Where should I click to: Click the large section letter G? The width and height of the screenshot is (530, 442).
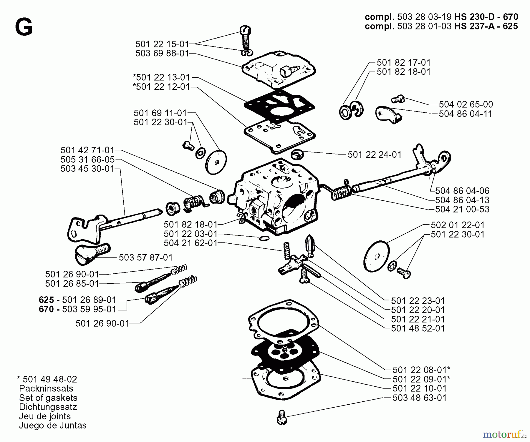coord(24,27)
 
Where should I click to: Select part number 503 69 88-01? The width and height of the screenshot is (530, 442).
coord(162,54)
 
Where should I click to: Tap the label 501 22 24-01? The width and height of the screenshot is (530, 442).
coord(374,155)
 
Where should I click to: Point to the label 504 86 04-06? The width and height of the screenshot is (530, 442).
coord(462,191)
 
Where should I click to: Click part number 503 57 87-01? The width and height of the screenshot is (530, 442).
coord(145,257)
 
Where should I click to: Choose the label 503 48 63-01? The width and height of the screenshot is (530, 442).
coord(419,398)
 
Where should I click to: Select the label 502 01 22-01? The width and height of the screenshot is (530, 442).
coord(457,225)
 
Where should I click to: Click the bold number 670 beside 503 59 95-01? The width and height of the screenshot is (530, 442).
coord(46,309)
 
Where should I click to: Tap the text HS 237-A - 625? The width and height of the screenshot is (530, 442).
coord(486,26)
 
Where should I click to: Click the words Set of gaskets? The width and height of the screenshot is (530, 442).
coord(48,398)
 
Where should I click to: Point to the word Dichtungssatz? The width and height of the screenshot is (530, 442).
coord(48,407)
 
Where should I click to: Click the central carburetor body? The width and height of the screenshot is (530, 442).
coord(277,197)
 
